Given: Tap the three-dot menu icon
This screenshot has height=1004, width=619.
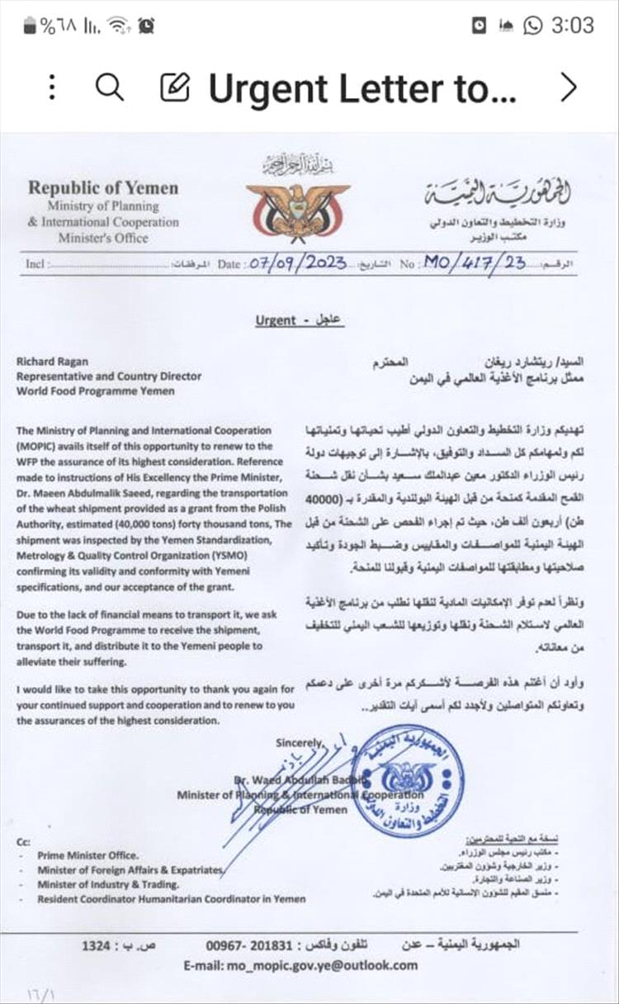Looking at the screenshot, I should click(52, 87).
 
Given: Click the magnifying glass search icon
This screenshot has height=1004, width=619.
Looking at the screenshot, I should click(109, 86).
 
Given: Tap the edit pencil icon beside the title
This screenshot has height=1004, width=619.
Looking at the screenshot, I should click(174, 87).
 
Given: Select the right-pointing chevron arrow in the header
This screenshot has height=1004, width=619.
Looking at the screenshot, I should click(568, 87).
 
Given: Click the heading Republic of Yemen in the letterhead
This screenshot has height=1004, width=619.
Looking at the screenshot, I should click(103, 187).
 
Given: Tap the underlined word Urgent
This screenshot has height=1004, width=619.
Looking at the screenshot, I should click(275, 320).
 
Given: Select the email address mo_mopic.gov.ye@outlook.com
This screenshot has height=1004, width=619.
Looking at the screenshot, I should click(300, 964).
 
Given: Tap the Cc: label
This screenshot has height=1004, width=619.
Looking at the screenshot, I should click(23, 841).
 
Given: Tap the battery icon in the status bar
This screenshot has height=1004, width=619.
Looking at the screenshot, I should click(31, 26).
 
